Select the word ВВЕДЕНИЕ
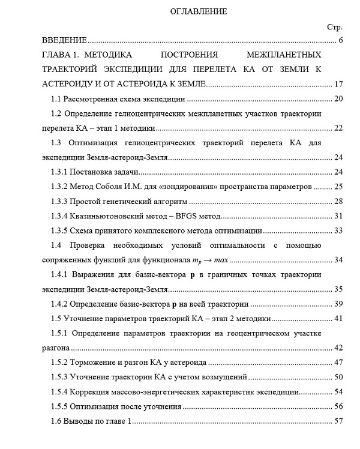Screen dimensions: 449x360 pos(62,41)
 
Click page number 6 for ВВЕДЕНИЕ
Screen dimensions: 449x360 pos(340,41)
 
